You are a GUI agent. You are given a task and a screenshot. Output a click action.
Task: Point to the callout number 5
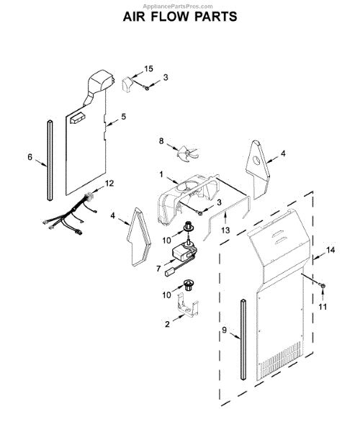[x=123, y=116]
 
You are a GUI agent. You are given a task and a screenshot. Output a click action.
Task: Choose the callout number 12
[x=109, y=184]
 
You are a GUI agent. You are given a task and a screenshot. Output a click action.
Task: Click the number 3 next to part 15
[x=166, y=77]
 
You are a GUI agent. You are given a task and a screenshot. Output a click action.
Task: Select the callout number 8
[x=162, y=142]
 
